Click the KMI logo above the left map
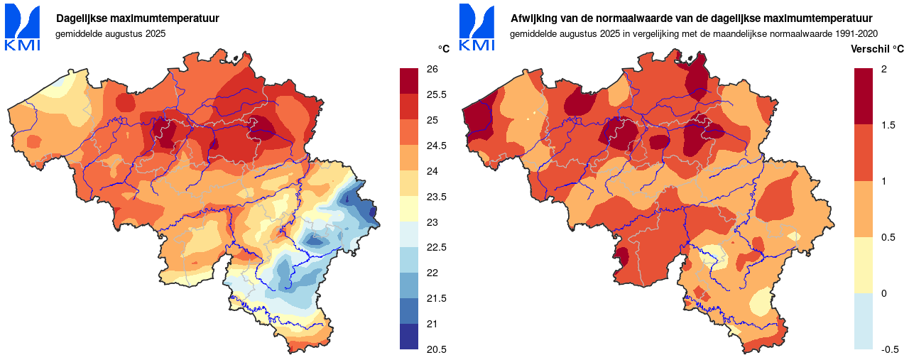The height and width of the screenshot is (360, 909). click(x=23, y=28)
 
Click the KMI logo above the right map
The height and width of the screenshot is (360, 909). click(x=477, y=28)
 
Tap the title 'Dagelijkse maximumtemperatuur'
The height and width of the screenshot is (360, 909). click(x=138, y=18)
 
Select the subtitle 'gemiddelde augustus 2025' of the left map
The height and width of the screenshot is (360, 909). click(x=110, y=34)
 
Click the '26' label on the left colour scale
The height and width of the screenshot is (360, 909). click(x=432, y=69)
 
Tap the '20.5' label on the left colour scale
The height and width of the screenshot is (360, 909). click(x=436, y=349)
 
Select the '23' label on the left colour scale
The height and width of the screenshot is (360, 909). click(x=432, y=222)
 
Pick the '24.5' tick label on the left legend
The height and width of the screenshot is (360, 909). click(x=436, y=146)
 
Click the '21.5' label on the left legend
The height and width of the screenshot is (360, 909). click(x=436, y=298)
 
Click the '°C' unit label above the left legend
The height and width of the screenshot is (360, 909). click(x=443, y=49)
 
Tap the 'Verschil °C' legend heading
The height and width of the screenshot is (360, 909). click(x=877, y=49)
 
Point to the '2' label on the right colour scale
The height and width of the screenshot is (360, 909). click(x=883, y=69)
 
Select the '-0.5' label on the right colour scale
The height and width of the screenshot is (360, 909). click(x=890, y=349)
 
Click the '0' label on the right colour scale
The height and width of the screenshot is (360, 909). click(x=883, y=293)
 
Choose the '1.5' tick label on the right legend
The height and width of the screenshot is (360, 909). click(x=887, y=125)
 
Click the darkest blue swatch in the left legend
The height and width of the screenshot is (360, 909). click(x=409, y=337)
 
